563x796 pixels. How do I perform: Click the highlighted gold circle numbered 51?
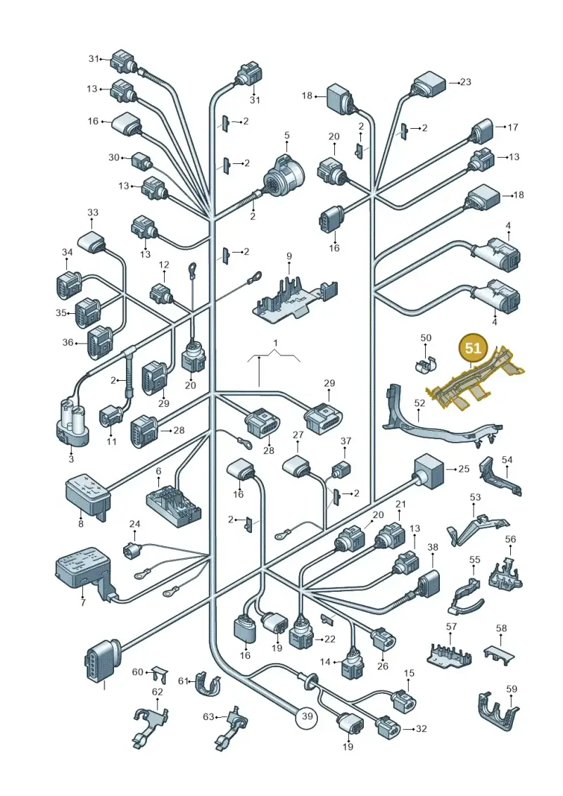(x=473, y=348)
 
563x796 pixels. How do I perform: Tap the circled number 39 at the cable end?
(x=307, y=716)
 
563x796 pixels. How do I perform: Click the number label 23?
(x=465, y=81)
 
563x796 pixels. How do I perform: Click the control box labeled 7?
(x=84, y=573)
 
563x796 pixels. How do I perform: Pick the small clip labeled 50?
(x=427, y=362)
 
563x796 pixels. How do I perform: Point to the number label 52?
(x=420, y=403)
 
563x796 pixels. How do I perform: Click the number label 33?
(x=92, y=213)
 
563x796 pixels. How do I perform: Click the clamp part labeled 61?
(x=207, y=686)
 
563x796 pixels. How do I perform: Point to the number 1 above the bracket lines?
(x=275, y=343)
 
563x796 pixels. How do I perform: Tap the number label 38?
(x=433, y=548)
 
